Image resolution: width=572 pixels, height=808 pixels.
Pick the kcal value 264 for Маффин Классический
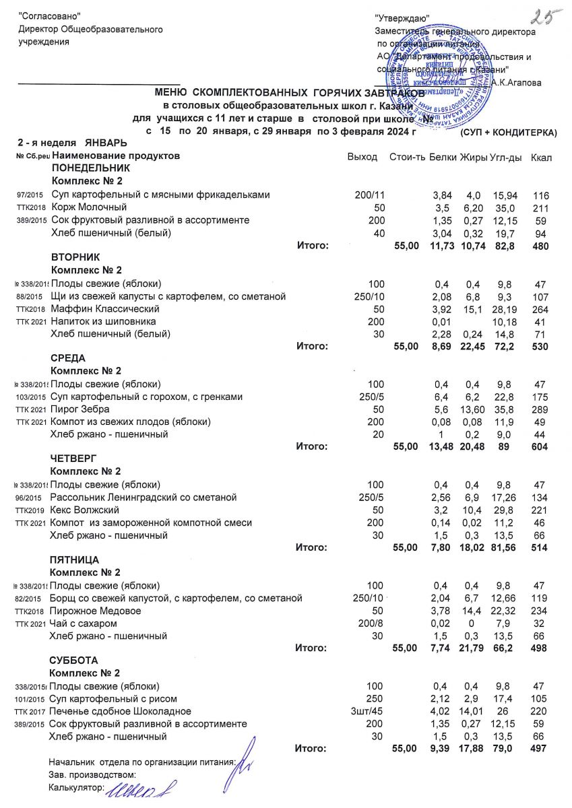[541, 309]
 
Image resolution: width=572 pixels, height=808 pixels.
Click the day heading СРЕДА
[69, 358]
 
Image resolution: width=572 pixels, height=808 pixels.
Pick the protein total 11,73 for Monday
[443, 246]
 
